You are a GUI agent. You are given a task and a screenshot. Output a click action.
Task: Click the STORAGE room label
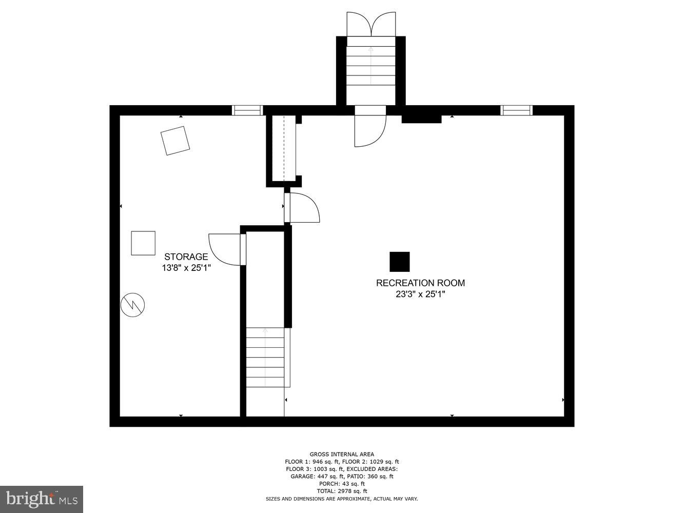pos(186,256)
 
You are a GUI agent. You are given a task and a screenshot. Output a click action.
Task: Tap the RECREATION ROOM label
pos(420,283)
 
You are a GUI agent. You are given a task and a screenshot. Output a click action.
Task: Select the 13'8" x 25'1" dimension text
pos(186,267)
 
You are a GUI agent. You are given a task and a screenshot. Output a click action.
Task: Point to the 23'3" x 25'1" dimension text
pos(420,294)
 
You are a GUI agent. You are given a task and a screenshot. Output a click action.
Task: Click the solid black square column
pos(400,262)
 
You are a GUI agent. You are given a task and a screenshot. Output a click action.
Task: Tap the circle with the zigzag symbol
pos(132,305)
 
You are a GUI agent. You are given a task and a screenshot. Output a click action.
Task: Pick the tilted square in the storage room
pos(175,141)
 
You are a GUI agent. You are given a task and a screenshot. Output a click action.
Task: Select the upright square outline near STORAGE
pos(143,243)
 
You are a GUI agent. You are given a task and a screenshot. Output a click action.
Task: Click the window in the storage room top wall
pos(247,110)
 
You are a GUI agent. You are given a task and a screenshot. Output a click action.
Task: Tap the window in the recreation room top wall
pos(516,110)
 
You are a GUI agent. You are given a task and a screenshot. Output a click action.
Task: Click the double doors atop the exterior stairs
pos(370,24)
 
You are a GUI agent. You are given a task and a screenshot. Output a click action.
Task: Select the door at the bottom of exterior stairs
pos(369,126)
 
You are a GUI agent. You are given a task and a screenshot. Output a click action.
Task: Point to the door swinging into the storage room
pos(226,249)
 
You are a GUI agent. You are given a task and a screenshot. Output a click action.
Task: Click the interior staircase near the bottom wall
pos(265,357)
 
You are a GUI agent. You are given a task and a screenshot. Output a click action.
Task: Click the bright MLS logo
pos(42,498)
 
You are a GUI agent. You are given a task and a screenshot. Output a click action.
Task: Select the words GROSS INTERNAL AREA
pos(342,454)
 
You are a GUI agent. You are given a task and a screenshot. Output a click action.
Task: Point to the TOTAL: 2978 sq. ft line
pos(342,491)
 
